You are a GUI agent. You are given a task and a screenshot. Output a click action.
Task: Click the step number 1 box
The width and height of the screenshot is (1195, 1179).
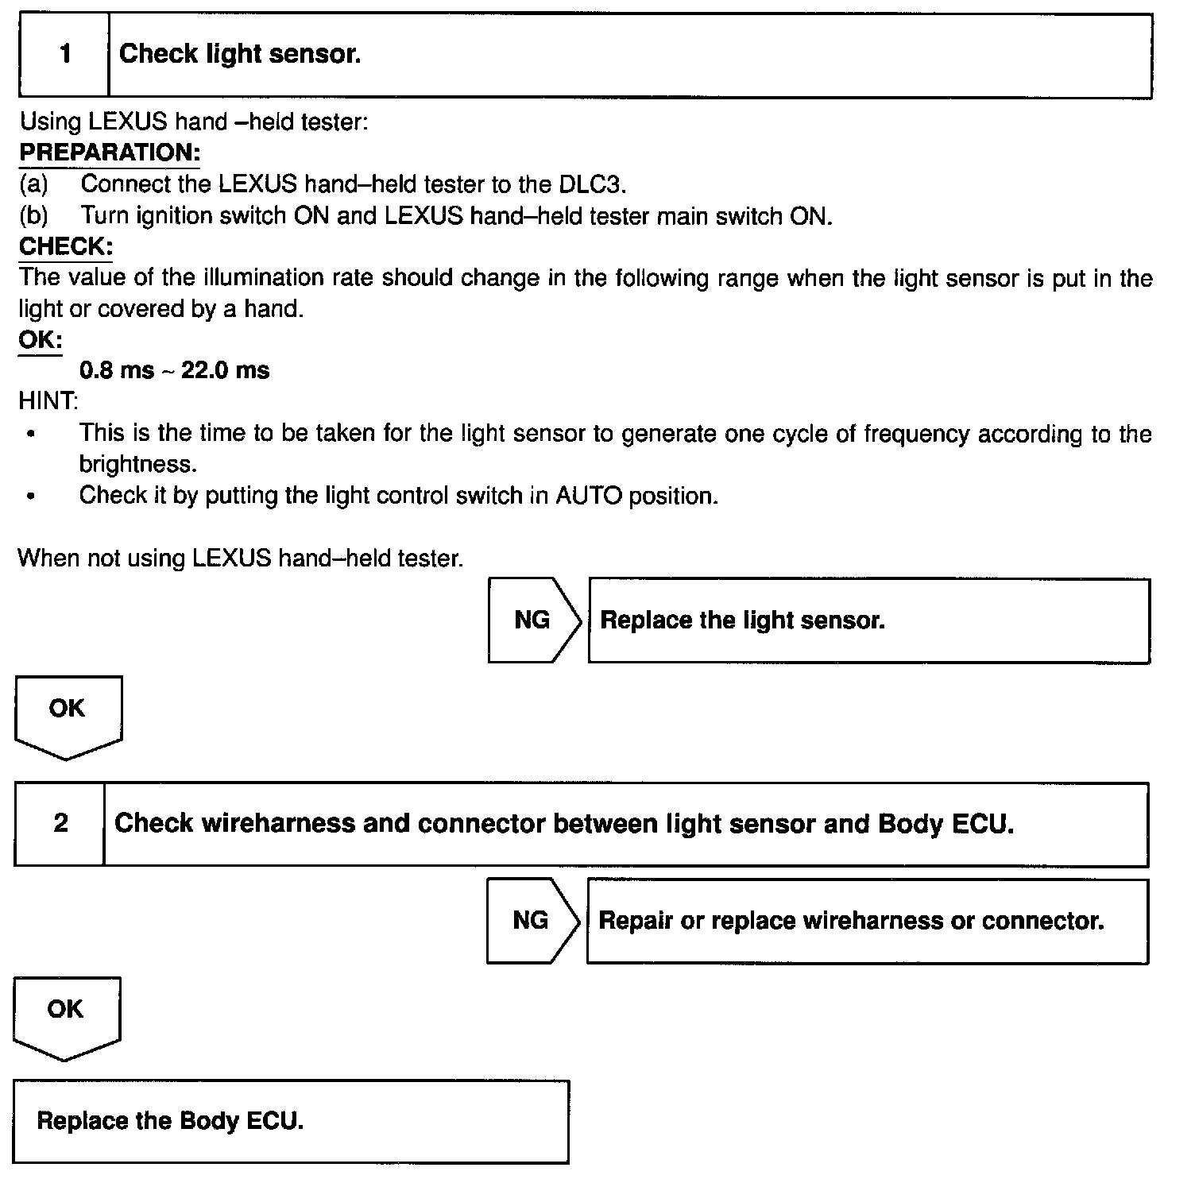64,55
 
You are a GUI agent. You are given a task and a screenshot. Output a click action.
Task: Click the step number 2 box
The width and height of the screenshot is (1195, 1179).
60,823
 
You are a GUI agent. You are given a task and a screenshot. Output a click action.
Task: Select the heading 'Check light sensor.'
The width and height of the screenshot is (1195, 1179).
240,54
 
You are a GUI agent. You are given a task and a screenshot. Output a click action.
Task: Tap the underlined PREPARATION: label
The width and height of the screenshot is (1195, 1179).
110,152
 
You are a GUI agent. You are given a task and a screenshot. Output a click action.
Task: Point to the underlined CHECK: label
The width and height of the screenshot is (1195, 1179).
66,246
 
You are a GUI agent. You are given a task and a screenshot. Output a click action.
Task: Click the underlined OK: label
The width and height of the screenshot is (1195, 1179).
41,340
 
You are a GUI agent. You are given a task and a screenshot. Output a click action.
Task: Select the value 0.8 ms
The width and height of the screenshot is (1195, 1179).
117,370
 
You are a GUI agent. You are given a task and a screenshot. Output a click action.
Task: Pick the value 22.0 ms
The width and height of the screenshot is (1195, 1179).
226,370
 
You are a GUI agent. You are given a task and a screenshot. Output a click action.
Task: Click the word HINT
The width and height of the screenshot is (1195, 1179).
48,401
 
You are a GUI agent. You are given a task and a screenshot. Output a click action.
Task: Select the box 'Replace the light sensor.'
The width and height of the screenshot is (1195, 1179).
868,620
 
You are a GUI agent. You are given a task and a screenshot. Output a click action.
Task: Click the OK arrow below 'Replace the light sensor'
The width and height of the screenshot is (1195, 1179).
68,714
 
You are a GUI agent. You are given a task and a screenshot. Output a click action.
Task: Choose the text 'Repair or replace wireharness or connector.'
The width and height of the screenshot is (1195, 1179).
851,921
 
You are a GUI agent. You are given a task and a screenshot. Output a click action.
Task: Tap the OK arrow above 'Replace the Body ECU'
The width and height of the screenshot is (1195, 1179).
66,1015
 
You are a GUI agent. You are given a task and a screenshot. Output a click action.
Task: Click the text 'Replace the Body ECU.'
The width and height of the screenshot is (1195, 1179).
170,1121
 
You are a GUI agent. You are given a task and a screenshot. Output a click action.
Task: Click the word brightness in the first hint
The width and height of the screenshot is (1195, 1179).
137,464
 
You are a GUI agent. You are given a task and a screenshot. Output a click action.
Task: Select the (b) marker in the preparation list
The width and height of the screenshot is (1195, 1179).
33,215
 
